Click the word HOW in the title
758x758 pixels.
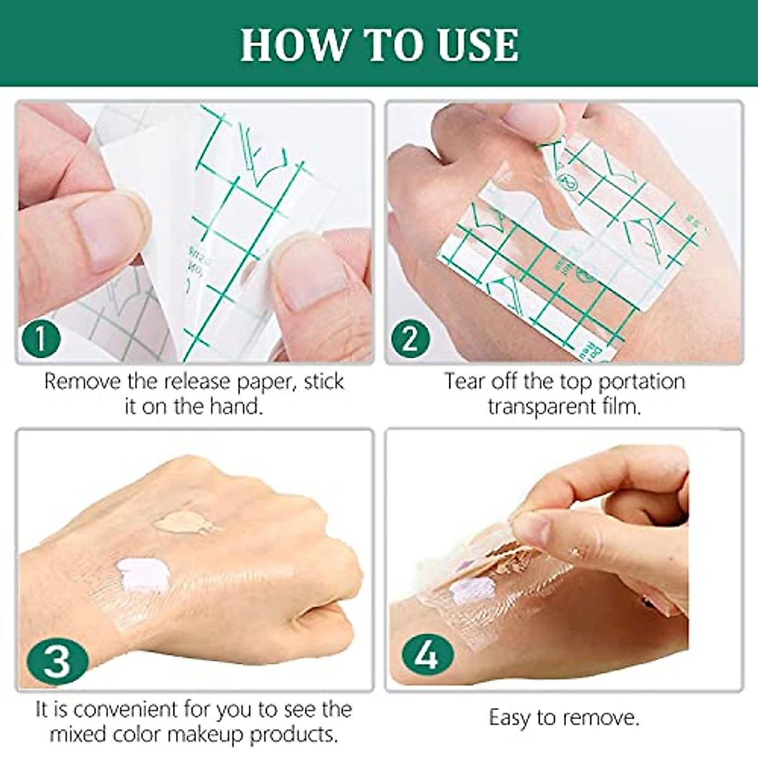pyautogui.click(x=294, y=45)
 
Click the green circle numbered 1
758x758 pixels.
pyautogui.click(x=41, y=339)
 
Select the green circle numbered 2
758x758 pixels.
pyautogui.click(x=410, y=339)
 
